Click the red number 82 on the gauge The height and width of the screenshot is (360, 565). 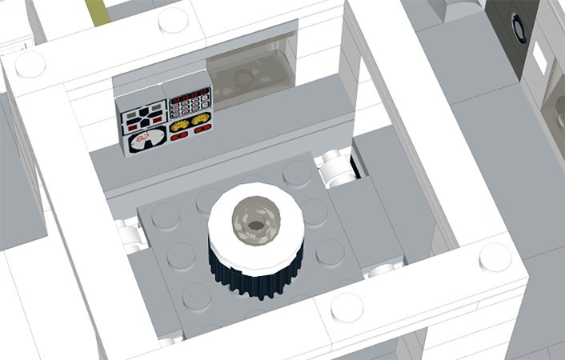click(145, 140)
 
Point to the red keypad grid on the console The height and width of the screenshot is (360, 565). click(190, 102)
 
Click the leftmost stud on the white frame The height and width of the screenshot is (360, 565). click(30, 65)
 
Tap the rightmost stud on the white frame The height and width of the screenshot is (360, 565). click(494, 258)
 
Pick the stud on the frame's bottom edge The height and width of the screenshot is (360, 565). click(346, 306)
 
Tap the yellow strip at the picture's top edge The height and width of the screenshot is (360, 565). click(100, 9)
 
